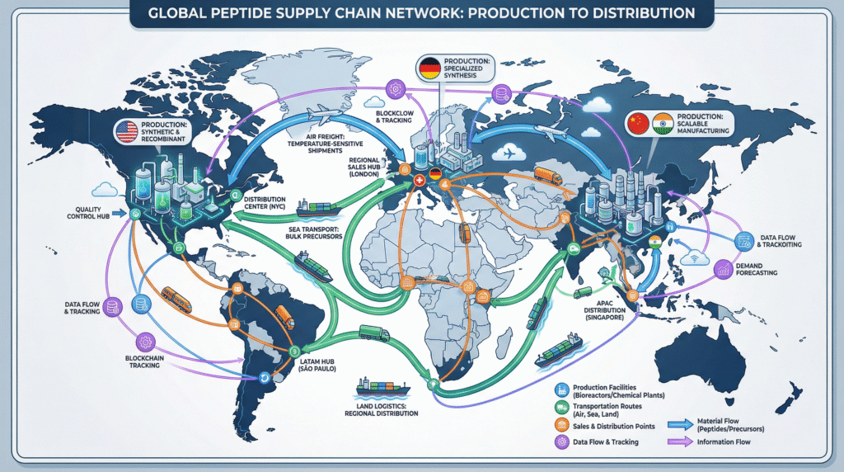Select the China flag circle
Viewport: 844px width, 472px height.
[638, 125]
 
